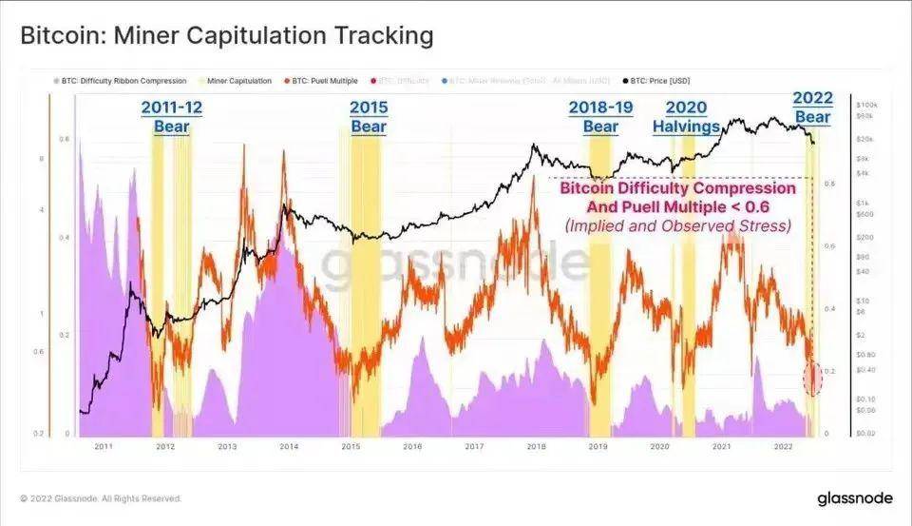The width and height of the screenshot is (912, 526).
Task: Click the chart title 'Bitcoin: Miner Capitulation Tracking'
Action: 227,36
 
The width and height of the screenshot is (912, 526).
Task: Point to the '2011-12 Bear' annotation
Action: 171,116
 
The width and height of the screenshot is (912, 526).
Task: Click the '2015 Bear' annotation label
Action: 368,116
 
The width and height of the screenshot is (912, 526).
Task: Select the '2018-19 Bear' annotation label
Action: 600,116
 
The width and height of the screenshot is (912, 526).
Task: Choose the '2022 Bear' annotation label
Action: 812,107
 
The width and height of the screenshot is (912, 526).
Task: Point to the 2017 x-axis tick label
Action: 474,445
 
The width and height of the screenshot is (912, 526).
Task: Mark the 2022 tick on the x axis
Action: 784,445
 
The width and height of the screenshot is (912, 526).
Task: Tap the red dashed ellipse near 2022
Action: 812,379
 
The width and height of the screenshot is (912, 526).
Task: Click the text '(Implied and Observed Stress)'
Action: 676,225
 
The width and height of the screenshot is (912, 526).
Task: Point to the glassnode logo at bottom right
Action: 853,498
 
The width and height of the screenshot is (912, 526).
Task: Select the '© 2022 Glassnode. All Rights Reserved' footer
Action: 100,498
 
